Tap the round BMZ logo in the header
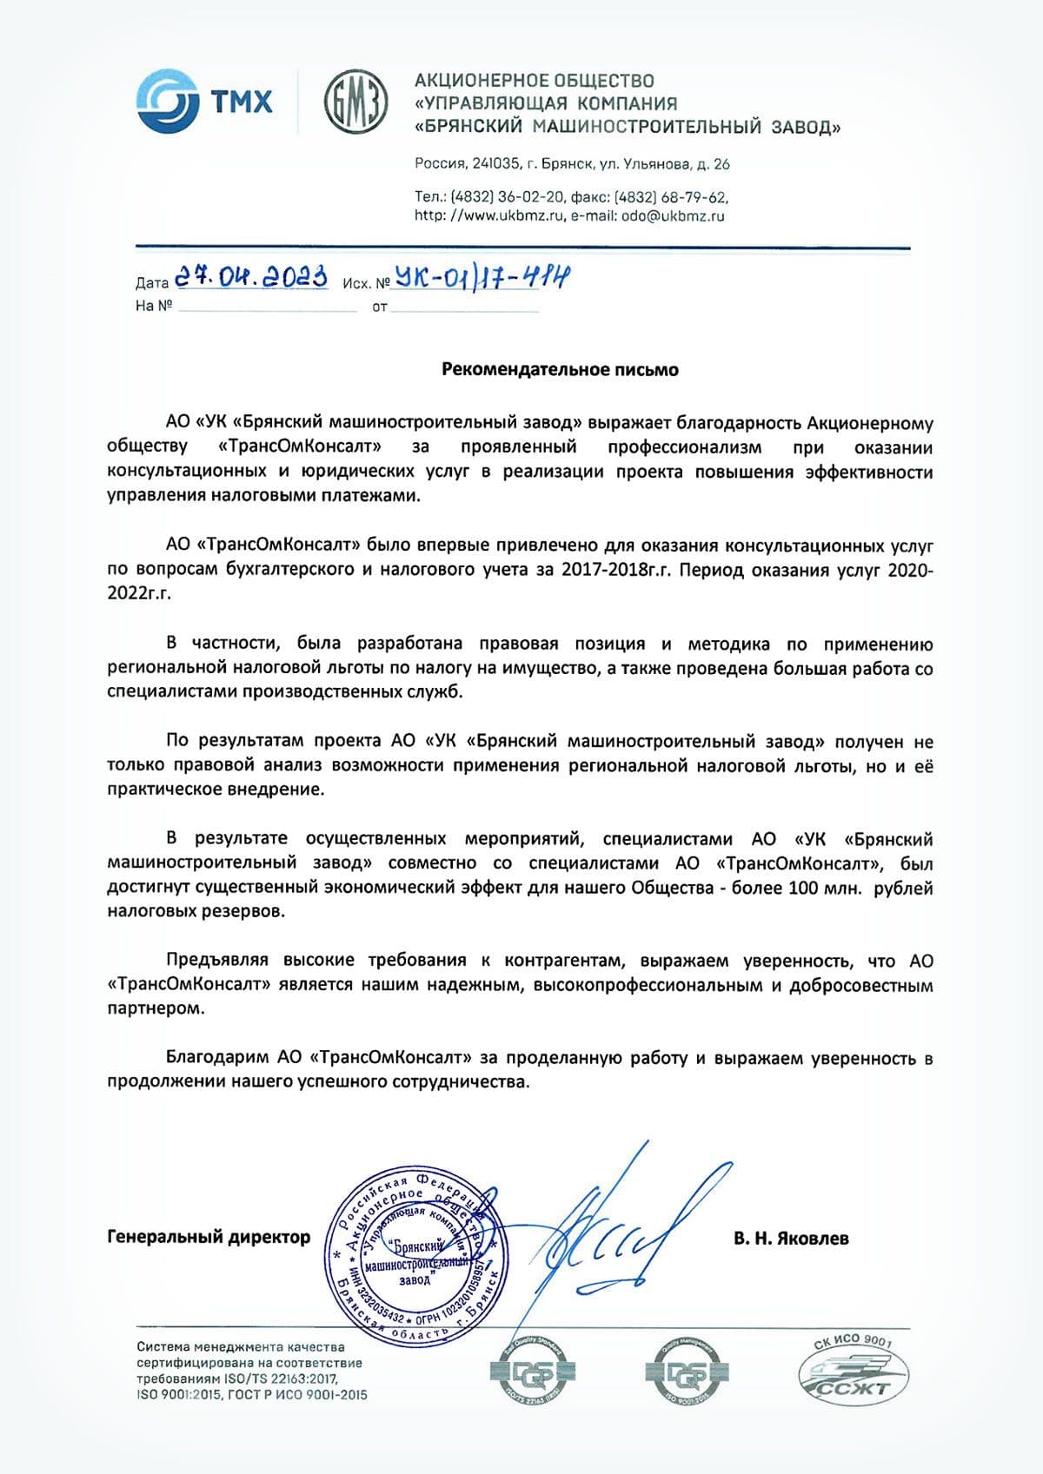coord(355,102)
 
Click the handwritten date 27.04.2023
coord(251,277)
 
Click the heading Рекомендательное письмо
coord(560,369)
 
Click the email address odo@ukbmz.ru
coord(673,216)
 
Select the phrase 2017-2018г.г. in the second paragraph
coord(615,570)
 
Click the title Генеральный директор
coord(209,1237)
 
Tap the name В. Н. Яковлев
coord(791,1238)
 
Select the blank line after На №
coord(266,307)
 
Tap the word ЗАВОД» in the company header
coord(806,128)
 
